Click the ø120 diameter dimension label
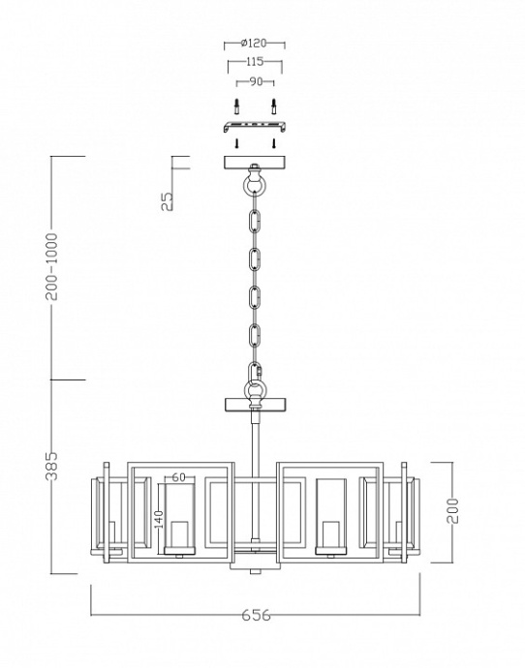[254, 45]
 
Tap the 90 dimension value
[255, 82]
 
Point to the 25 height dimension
[167, 199]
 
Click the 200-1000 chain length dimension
[53, 266]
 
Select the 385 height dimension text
[53, 468]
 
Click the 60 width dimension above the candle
[178, 476]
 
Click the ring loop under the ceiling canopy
[254, 185]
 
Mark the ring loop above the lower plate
[255, 389]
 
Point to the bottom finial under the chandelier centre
[255, 569]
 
